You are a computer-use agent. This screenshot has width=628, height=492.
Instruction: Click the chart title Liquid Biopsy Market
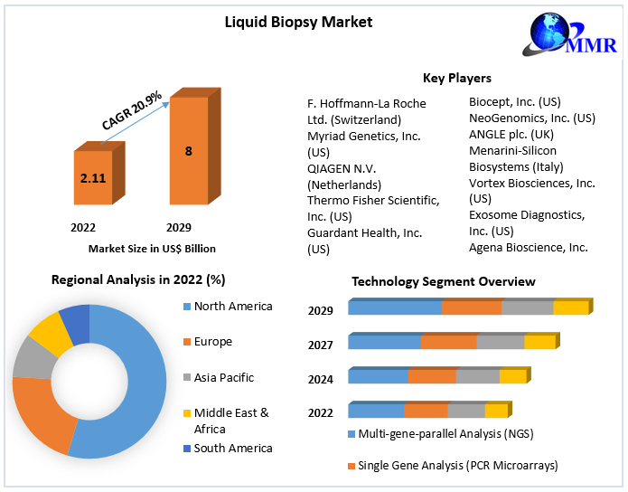coord(298,21)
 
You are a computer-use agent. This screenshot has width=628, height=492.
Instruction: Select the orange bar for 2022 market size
coord(93,179)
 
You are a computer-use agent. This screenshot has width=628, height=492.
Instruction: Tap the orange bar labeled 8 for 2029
coord(188,152)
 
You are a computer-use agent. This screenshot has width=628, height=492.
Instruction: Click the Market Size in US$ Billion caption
coord(152,248)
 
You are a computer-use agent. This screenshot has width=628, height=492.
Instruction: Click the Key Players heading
coord(456,79)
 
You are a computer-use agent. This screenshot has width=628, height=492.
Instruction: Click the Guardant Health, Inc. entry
coord(364,233)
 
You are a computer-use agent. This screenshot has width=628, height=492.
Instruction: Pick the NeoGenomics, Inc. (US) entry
coord(531,118)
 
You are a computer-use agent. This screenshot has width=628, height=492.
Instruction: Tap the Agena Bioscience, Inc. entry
coord(528,247)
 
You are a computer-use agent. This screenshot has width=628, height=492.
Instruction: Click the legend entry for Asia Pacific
coord(224,377)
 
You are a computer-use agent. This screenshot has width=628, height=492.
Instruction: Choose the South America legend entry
coord(232,448)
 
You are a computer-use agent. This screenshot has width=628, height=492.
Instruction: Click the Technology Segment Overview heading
coord(443,282)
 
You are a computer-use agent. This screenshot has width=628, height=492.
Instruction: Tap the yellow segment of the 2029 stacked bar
coord(570,308)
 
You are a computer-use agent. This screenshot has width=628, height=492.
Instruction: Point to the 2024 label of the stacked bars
coord(320,380)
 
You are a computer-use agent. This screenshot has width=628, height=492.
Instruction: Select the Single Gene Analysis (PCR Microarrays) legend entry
coord(457,466)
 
